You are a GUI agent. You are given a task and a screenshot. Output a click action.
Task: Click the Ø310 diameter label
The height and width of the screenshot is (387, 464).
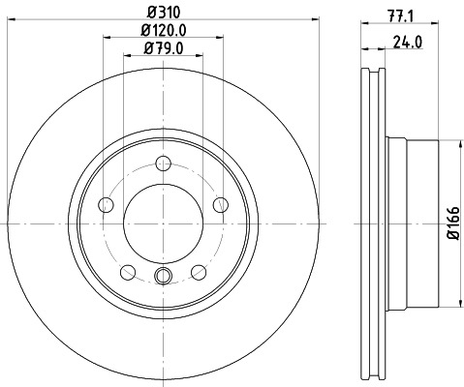(x=161, y=13)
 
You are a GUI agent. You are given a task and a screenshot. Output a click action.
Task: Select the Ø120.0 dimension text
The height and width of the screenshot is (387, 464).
(x=162, y=31)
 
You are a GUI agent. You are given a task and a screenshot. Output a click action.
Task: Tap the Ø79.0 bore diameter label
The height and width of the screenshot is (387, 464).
(x=162, y=49)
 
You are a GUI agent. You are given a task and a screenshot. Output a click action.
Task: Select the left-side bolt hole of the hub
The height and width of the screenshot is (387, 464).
(x=106, y=204)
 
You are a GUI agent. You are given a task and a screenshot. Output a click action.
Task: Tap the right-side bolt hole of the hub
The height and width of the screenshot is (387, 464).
(x=220, y=204)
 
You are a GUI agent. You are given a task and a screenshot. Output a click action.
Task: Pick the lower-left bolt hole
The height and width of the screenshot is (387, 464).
(x=127, y=270)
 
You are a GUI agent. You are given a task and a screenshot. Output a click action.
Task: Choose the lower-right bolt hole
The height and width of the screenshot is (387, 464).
(x=199, y=270)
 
